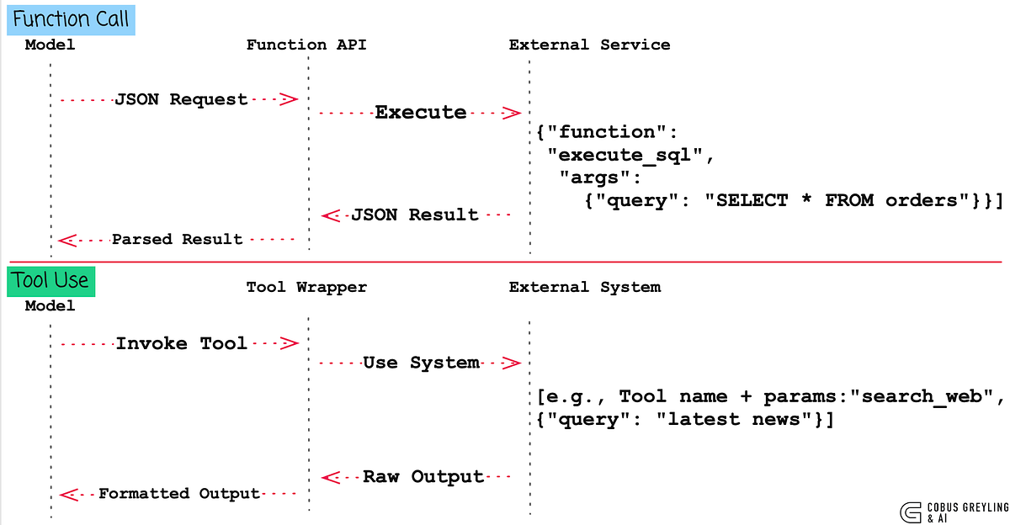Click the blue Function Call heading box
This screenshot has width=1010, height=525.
71,20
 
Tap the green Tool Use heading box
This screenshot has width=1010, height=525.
51,281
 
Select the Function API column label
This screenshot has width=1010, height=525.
306,45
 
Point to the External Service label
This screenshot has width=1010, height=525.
589,45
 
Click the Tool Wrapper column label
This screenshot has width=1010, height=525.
306,287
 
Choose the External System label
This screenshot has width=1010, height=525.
585,287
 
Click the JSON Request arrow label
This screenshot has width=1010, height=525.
181,99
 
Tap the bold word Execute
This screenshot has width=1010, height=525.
421,112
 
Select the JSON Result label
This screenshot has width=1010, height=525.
415,215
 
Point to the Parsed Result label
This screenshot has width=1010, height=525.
178,239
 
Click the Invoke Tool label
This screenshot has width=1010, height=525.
181,343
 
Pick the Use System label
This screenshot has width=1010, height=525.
421,363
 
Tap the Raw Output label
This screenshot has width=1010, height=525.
423,477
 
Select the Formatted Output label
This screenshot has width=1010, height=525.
179,494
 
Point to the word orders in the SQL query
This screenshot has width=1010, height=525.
921,200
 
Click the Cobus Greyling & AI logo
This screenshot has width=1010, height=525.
954,512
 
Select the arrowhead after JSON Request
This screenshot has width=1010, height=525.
289,99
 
